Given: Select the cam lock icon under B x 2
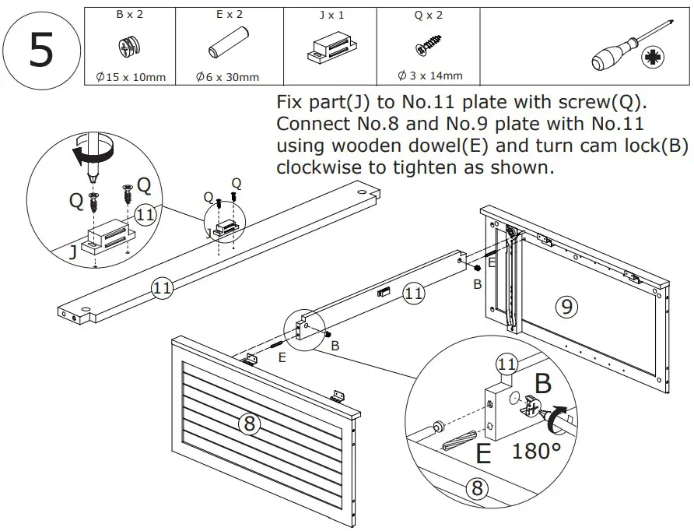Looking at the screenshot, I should coord(129,47).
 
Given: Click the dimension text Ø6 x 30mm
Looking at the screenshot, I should coord(227,77).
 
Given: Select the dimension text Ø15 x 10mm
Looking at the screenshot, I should coord(129,77).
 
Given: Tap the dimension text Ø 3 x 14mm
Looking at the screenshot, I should coord(429,76).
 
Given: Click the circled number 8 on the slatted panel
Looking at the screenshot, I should coord(249,424).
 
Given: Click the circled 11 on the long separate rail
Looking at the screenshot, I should coord(162,287).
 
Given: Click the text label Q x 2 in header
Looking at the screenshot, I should coord(429,15).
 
